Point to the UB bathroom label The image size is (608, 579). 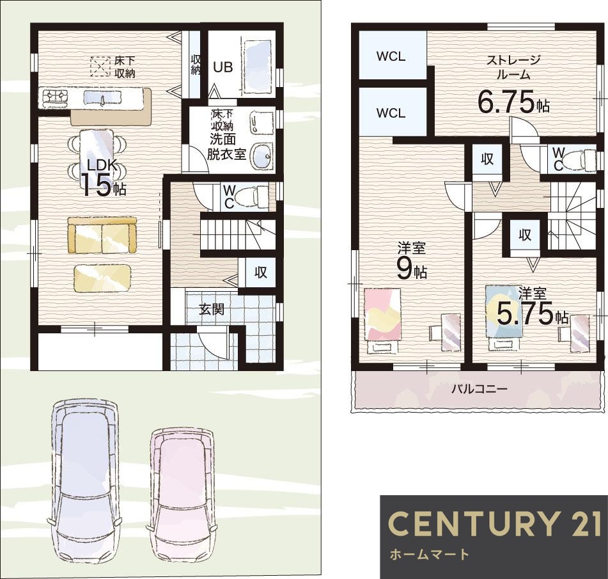223,67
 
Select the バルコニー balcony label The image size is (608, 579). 479,388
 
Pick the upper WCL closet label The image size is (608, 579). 391,57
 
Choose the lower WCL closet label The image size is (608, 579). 391,113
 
